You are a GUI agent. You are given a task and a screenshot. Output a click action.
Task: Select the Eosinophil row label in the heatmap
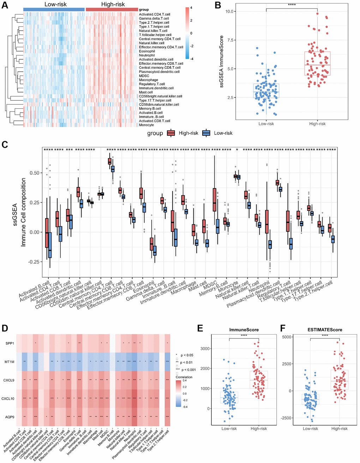147,51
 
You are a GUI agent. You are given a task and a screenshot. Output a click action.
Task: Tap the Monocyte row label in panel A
146,125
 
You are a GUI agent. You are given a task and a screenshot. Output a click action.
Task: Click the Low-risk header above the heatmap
55,4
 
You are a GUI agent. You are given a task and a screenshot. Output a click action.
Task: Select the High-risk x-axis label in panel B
317,124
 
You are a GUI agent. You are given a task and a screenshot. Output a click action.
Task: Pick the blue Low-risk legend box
206,133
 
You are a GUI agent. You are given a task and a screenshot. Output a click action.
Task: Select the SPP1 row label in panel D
10,343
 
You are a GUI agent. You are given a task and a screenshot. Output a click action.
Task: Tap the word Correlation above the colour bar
184,377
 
